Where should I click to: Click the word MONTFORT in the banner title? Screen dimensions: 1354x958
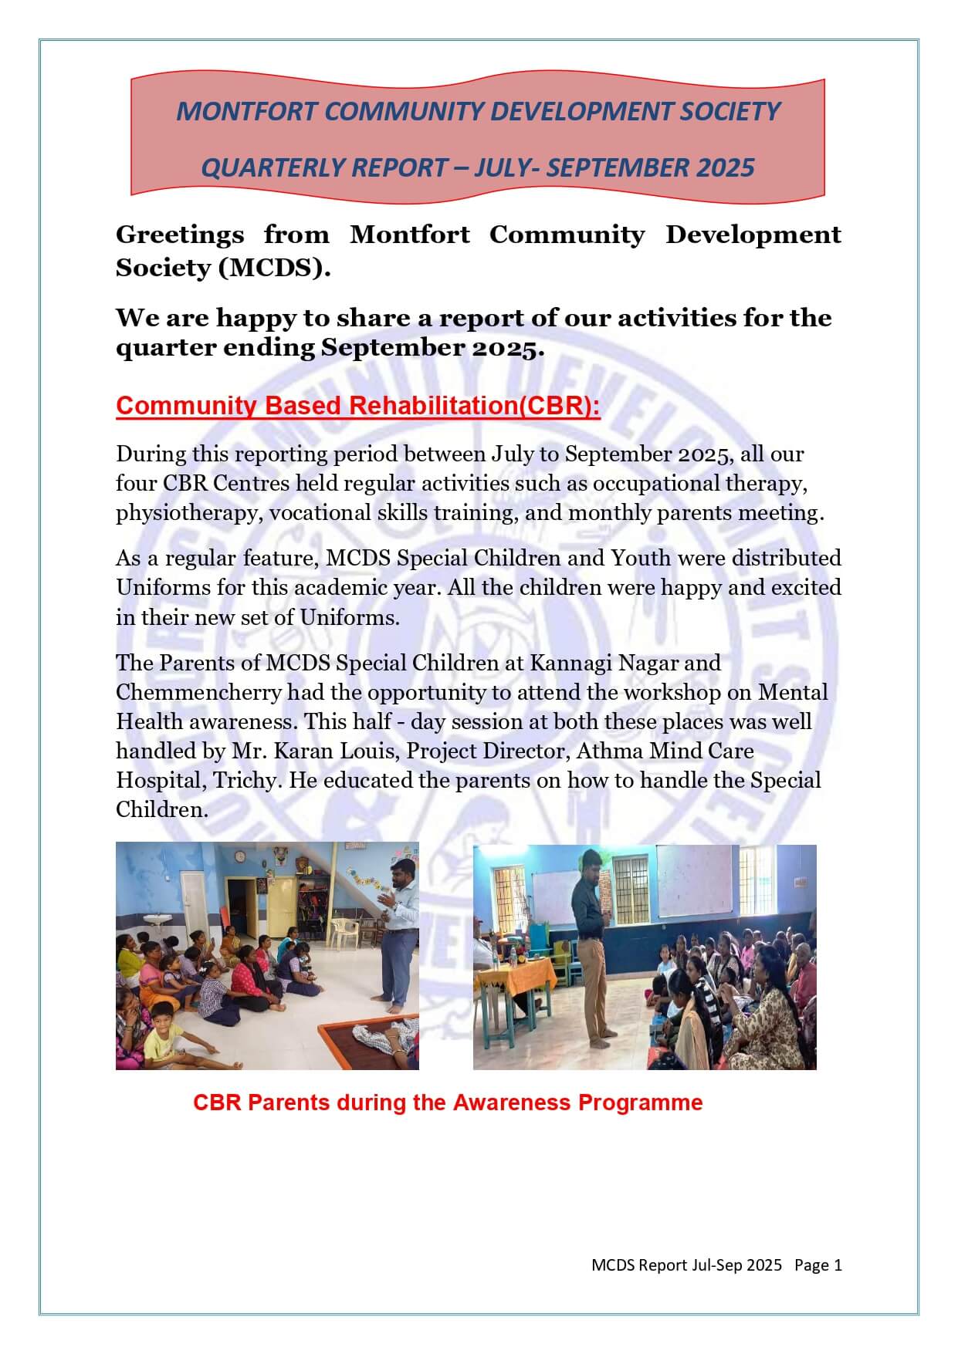(246, 112)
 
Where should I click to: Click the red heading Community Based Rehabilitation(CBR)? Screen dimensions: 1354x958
(357, 406)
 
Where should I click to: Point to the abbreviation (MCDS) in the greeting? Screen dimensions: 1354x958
(274, 268)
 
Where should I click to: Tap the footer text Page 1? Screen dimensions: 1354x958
(818, 1265)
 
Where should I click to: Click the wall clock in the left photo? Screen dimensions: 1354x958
(239, 856)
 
